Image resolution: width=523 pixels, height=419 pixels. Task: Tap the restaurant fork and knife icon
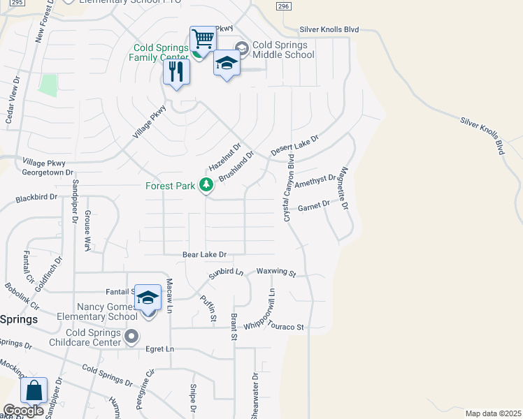pos(176,71)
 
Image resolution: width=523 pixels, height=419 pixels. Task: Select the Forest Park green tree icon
pos(206,185)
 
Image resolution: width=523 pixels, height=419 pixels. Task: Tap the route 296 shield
pos(282,6)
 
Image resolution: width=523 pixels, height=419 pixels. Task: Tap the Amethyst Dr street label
pos(315,182)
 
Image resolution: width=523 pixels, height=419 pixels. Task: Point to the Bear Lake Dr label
pos(206,256)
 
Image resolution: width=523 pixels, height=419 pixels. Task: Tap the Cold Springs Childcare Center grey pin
pos(131,338)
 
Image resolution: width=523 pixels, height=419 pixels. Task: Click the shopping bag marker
pos(34,391)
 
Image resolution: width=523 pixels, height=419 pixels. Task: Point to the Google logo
pos(23,411)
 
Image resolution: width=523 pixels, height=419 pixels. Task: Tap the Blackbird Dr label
pos(36,198)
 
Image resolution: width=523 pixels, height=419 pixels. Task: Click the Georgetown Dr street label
pos(48,172)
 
